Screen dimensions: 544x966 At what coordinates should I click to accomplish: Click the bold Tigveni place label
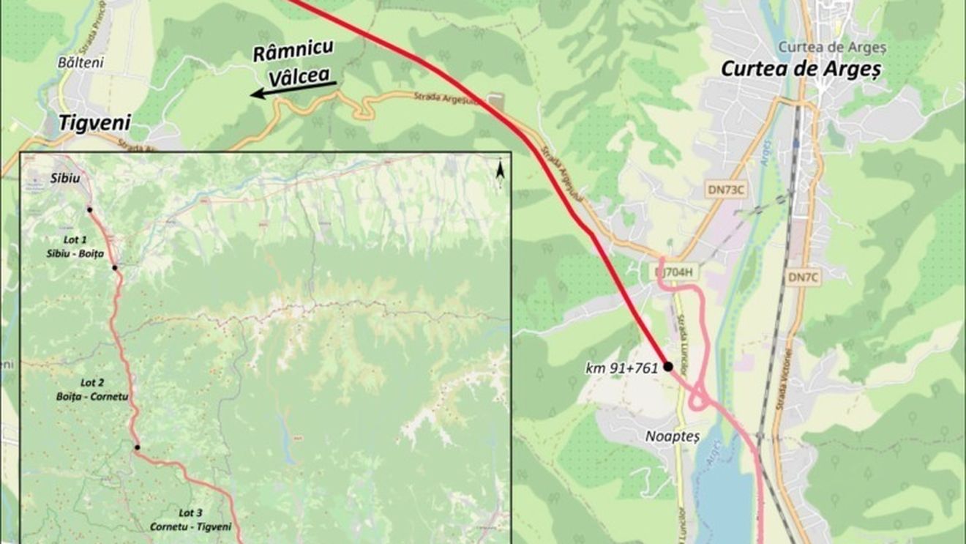point(90,122)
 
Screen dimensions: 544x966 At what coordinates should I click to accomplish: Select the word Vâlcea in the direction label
point(300,75)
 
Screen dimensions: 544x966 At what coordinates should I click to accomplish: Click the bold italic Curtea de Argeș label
point(802,69)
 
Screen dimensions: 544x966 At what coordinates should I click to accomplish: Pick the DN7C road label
point(806,277)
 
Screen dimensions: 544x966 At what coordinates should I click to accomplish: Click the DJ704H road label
point(673,272)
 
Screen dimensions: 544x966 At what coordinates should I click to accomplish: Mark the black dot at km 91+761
point(668,366)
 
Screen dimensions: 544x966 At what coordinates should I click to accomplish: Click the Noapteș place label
point(673,436)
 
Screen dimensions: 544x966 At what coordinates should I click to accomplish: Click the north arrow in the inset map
point(501,170)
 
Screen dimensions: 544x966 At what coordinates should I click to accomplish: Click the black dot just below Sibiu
point(89,209)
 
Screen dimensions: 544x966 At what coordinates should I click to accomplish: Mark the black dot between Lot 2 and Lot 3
point(137,447)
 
